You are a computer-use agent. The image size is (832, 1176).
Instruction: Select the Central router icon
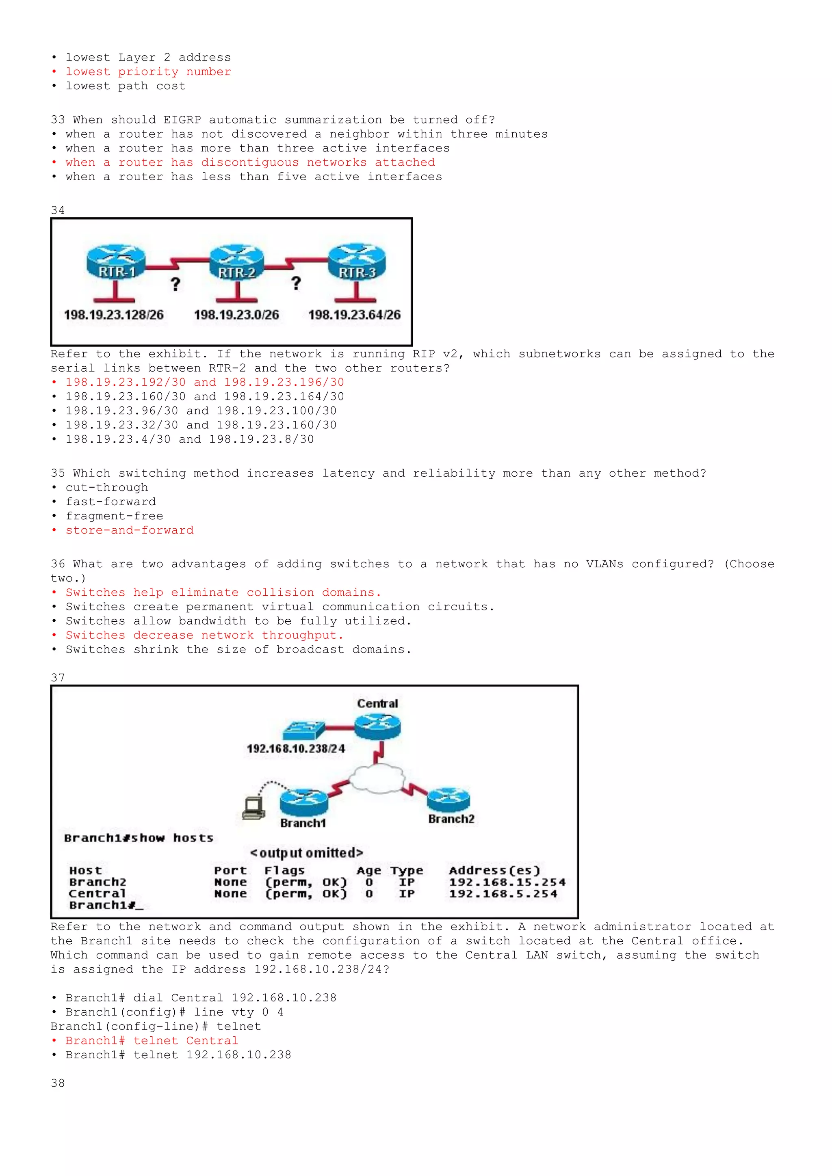click(377, 726)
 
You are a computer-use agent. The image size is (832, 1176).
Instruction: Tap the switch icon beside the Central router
click(303, 729)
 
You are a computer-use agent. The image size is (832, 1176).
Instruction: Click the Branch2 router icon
click(448, 800)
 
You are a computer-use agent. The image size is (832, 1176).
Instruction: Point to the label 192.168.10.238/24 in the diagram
click(296, 749)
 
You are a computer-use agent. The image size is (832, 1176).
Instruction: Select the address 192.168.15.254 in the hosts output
click(507, 882)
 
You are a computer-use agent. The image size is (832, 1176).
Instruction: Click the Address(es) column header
click(494, 871)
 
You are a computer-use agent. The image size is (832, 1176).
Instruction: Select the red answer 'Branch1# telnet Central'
click(152, 1041)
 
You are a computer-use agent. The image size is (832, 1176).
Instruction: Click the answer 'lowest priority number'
click(148, 72)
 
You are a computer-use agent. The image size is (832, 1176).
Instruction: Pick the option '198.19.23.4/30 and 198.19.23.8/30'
click(190, 439)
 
